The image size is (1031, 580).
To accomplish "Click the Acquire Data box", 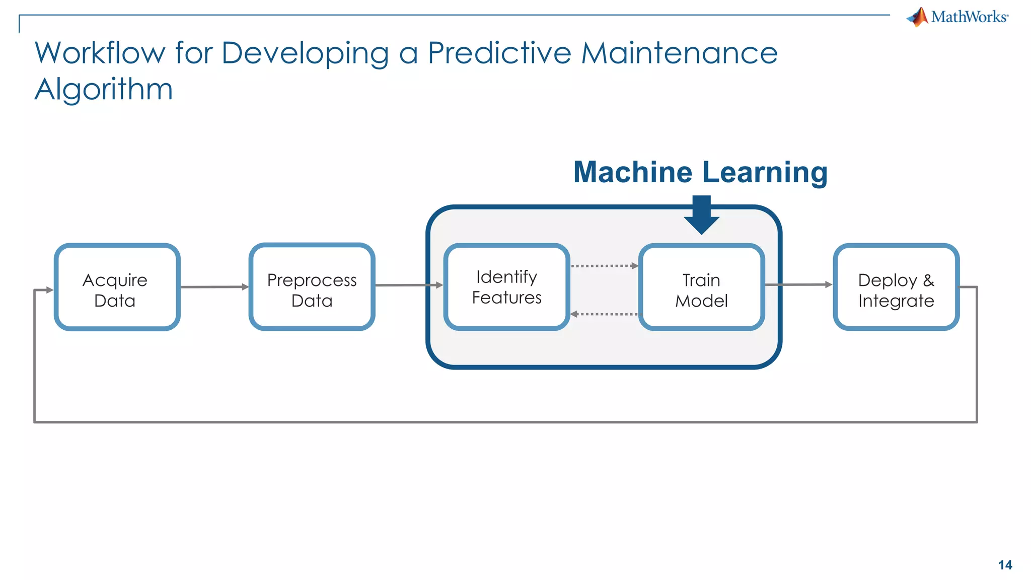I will pos(117,287).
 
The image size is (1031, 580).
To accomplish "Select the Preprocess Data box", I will pos(312,287).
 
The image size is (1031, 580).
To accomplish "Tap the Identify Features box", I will pos(506,287).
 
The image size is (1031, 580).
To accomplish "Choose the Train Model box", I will pos(701,287).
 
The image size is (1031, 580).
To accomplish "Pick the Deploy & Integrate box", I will pos(896,287).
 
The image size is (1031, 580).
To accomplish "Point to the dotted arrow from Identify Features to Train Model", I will pos(604,266).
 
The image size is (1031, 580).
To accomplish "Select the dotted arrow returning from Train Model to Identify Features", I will pos(604,314).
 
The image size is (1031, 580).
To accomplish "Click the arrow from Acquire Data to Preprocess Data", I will pos(214,287).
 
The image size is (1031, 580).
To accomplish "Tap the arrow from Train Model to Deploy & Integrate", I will pos(798,285).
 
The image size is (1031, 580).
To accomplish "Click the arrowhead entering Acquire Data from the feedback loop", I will pos(49,290).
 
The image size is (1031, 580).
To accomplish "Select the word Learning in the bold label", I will pos(765,173).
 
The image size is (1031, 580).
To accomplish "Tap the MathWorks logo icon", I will pos(919,17).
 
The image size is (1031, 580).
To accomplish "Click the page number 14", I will pos(1005,565).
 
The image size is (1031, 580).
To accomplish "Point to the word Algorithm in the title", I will pos(104,90).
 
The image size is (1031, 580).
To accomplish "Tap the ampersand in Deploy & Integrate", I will pos(928,280).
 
